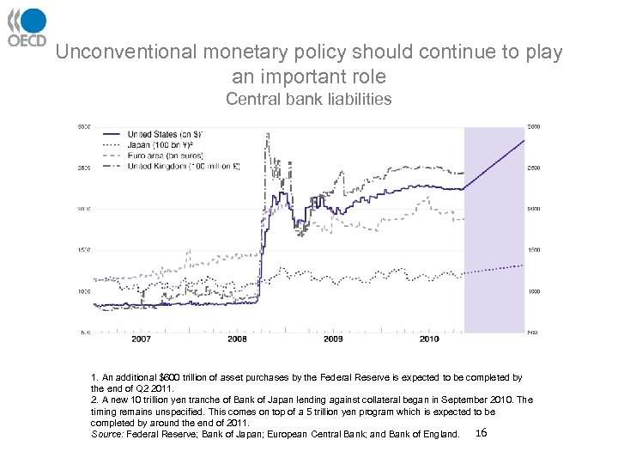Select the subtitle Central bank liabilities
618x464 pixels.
308,99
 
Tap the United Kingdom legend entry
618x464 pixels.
171,166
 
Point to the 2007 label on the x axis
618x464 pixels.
141,339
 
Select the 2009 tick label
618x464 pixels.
333,339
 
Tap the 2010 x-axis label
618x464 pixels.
428,339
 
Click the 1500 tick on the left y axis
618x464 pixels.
84,250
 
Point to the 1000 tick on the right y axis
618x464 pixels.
534,292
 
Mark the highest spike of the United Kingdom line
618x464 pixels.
269,134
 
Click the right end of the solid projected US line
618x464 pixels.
523,140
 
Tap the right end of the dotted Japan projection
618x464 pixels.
523,266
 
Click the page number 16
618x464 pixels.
481,433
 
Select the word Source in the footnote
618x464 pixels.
106,434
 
